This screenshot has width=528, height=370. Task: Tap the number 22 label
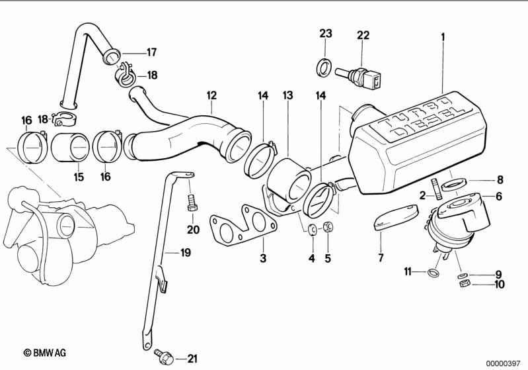363,34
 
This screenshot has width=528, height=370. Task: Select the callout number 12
211,95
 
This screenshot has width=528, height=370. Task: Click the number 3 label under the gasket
263,258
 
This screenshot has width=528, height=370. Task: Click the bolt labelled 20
192,202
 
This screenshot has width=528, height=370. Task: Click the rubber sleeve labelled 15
72,148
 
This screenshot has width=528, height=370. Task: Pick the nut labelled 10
464,284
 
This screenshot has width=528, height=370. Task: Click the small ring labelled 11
432,273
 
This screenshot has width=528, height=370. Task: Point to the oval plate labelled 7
395,216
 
